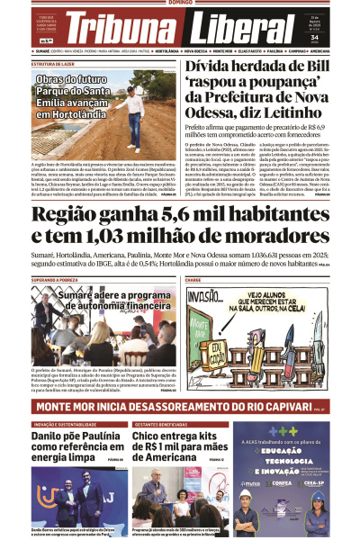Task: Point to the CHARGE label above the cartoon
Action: pyautogui.click(x=194, y=280)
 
